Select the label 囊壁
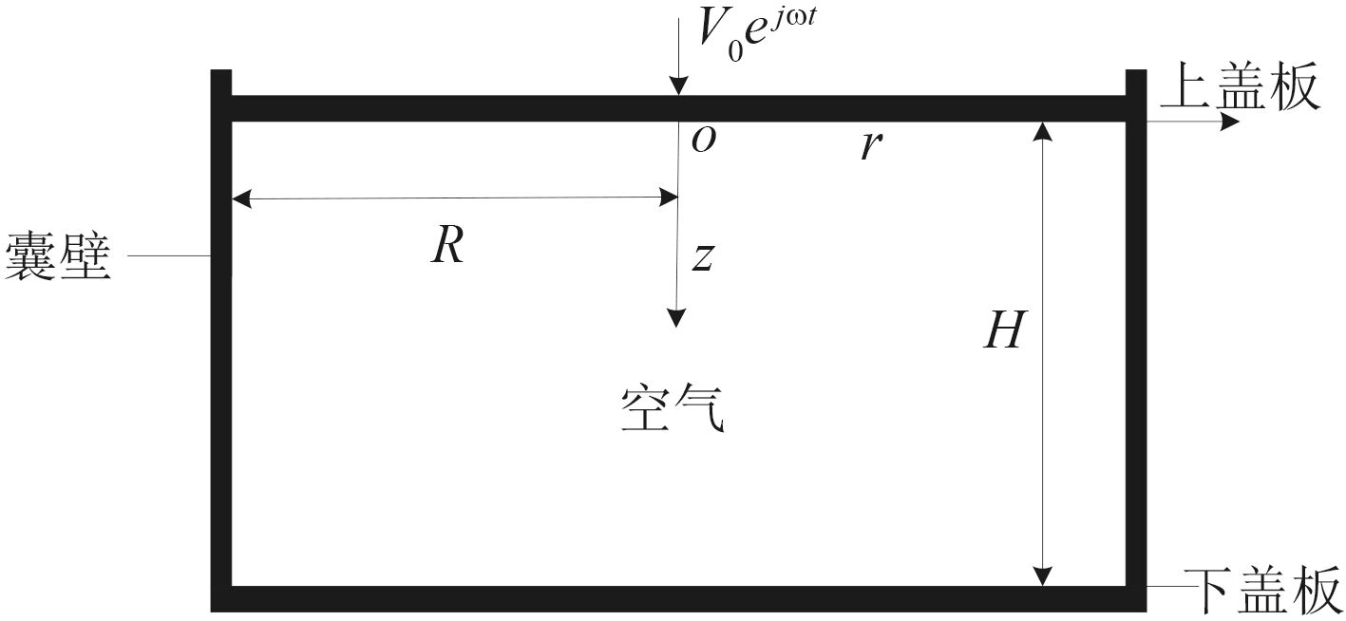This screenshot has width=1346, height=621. coord(59,256)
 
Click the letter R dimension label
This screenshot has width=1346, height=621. coord(446,247)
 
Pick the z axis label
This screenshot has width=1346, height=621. coord(702,257)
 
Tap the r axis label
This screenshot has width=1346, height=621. coord(866,147)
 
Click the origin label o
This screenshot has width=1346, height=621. coord(703,141)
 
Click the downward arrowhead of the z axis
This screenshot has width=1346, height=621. coord(675,318)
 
